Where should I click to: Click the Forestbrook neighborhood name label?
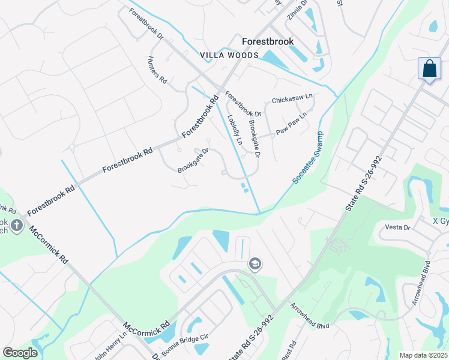click(x=267, y=42)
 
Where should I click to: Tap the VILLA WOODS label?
click(x=229, y=55)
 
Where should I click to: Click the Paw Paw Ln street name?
click(x=291, y=124)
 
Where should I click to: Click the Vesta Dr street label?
click(x=397, y=227)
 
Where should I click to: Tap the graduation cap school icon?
click(x=255, y=264)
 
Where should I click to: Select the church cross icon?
click(x=17, y=226)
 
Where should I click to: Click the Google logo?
click(x=20, y=353)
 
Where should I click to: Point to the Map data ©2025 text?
click(x=423, y=355)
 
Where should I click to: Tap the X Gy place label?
click(x=441, y=221)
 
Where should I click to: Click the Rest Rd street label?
click(x=291, y=350)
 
